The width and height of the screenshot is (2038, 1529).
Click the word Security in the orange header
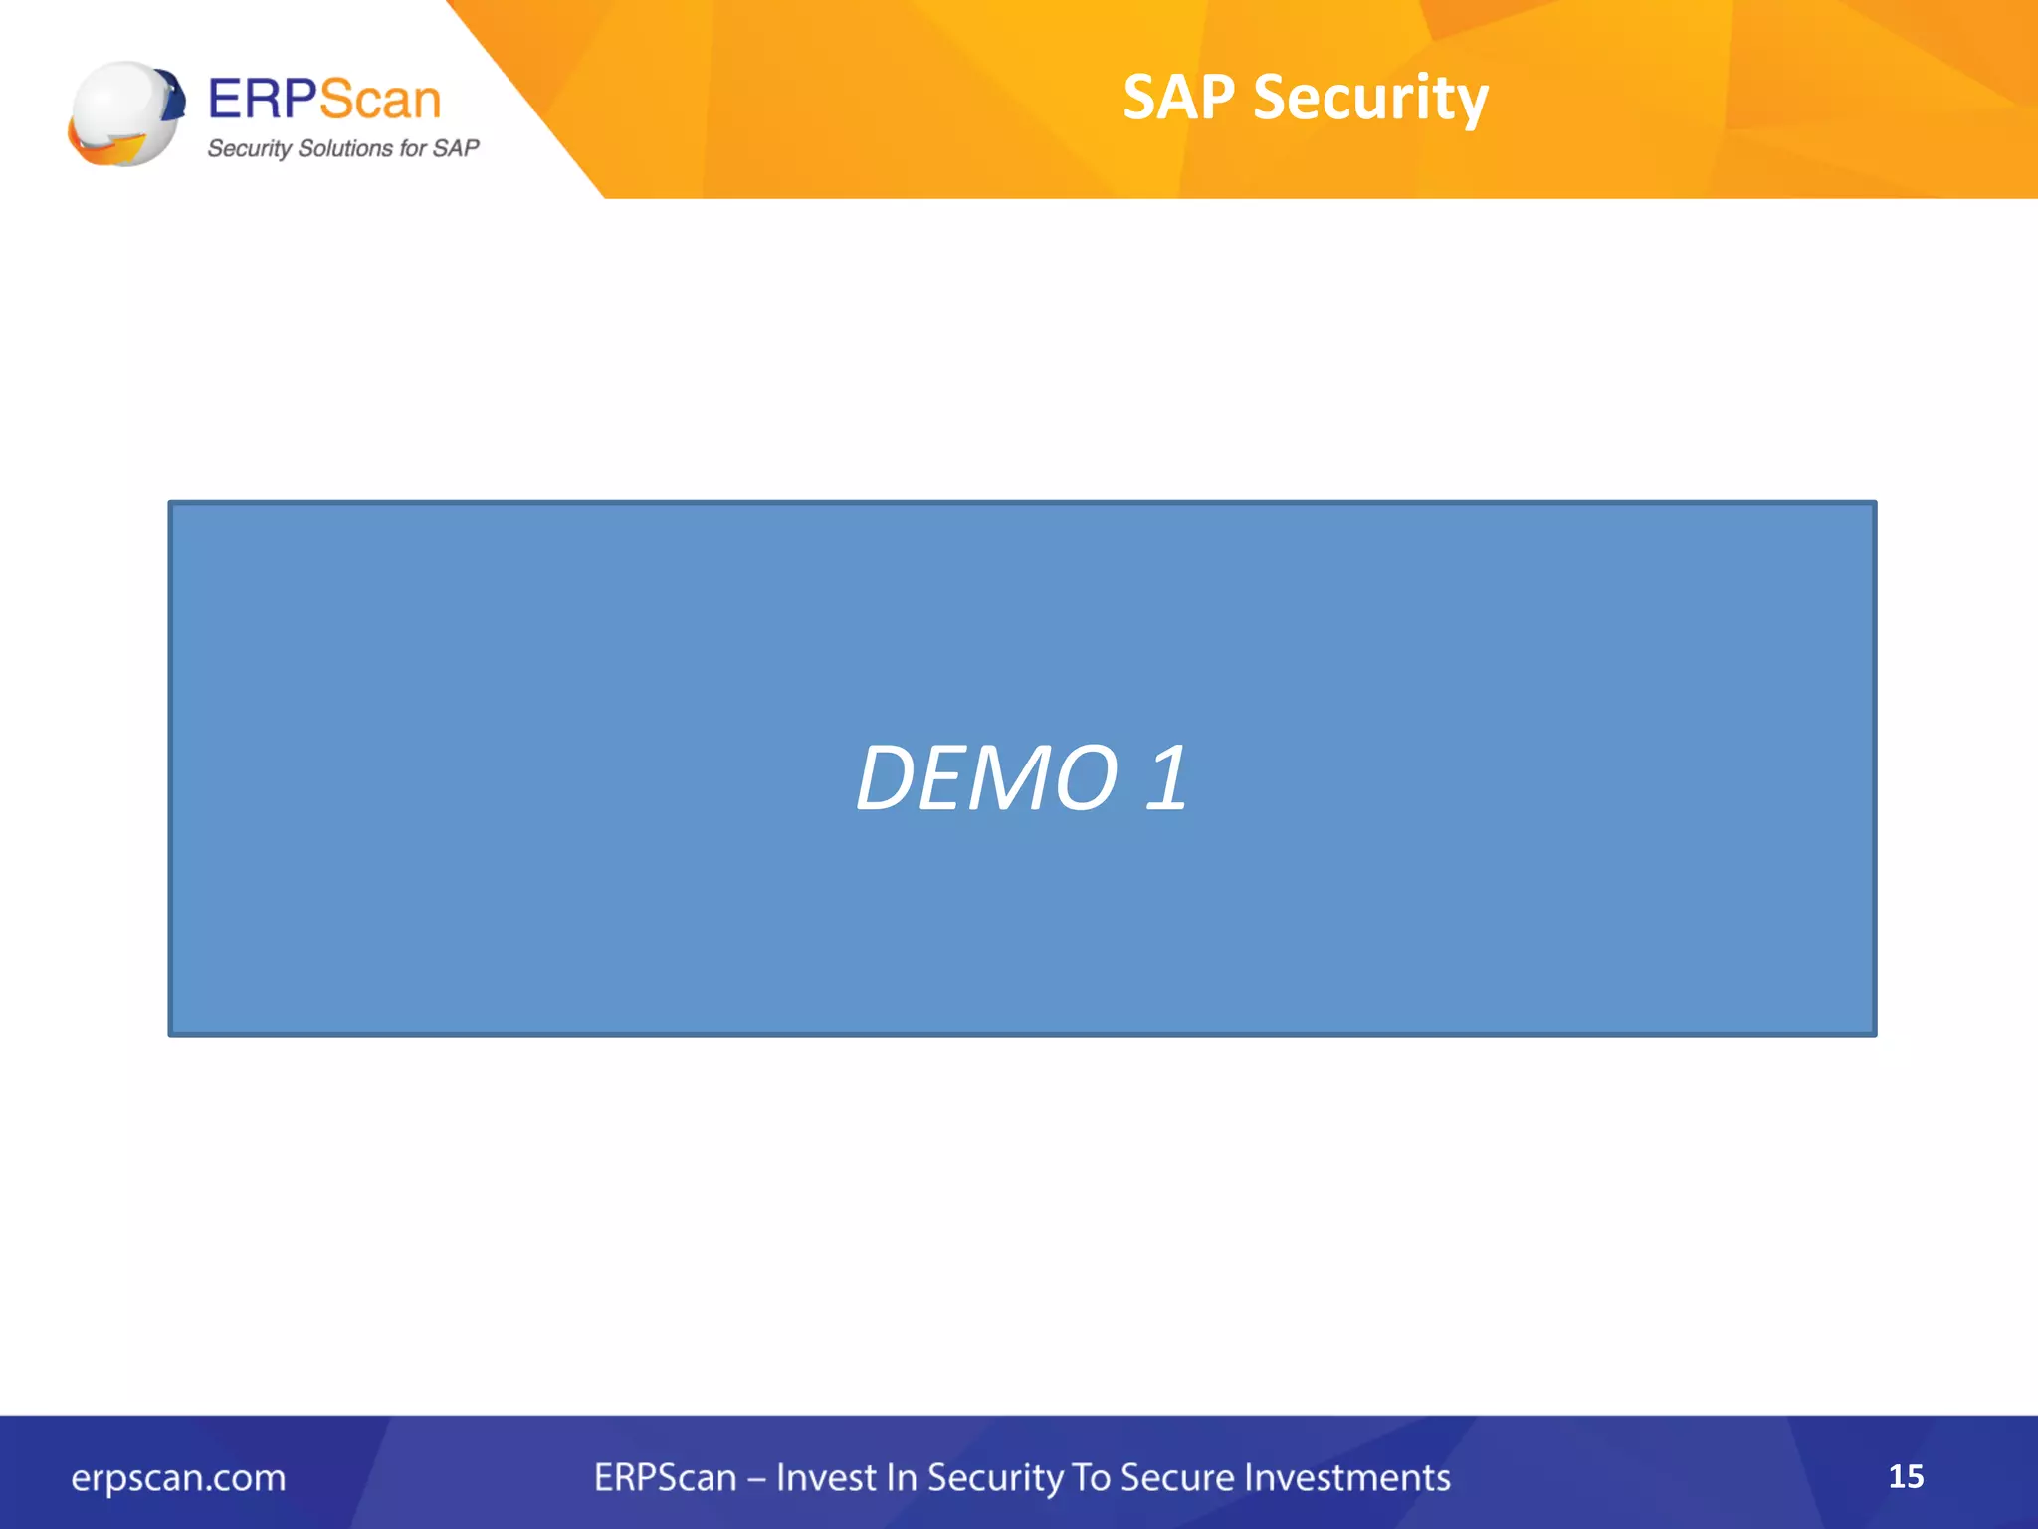1370,100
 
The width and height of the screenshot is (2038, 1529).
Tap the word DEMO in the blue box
987,778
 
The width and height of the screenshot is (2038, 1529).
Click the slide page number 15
1906,1476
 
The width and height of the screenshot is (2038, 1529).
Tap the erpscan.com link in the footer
178,1478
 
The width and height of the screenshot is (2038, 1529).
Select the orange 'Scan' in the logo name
380,100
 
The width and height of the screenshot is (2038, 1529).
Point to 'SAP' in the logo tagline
456,148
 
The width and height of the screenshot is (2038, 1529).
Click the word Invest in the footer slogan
823,1477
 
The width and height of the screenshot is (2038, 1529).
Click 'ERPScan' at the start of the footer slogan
665,1477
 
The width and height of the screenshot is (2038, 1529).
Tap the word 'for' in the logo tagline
413,148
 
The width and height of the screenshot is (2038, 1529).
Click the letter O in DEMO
1086,778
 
